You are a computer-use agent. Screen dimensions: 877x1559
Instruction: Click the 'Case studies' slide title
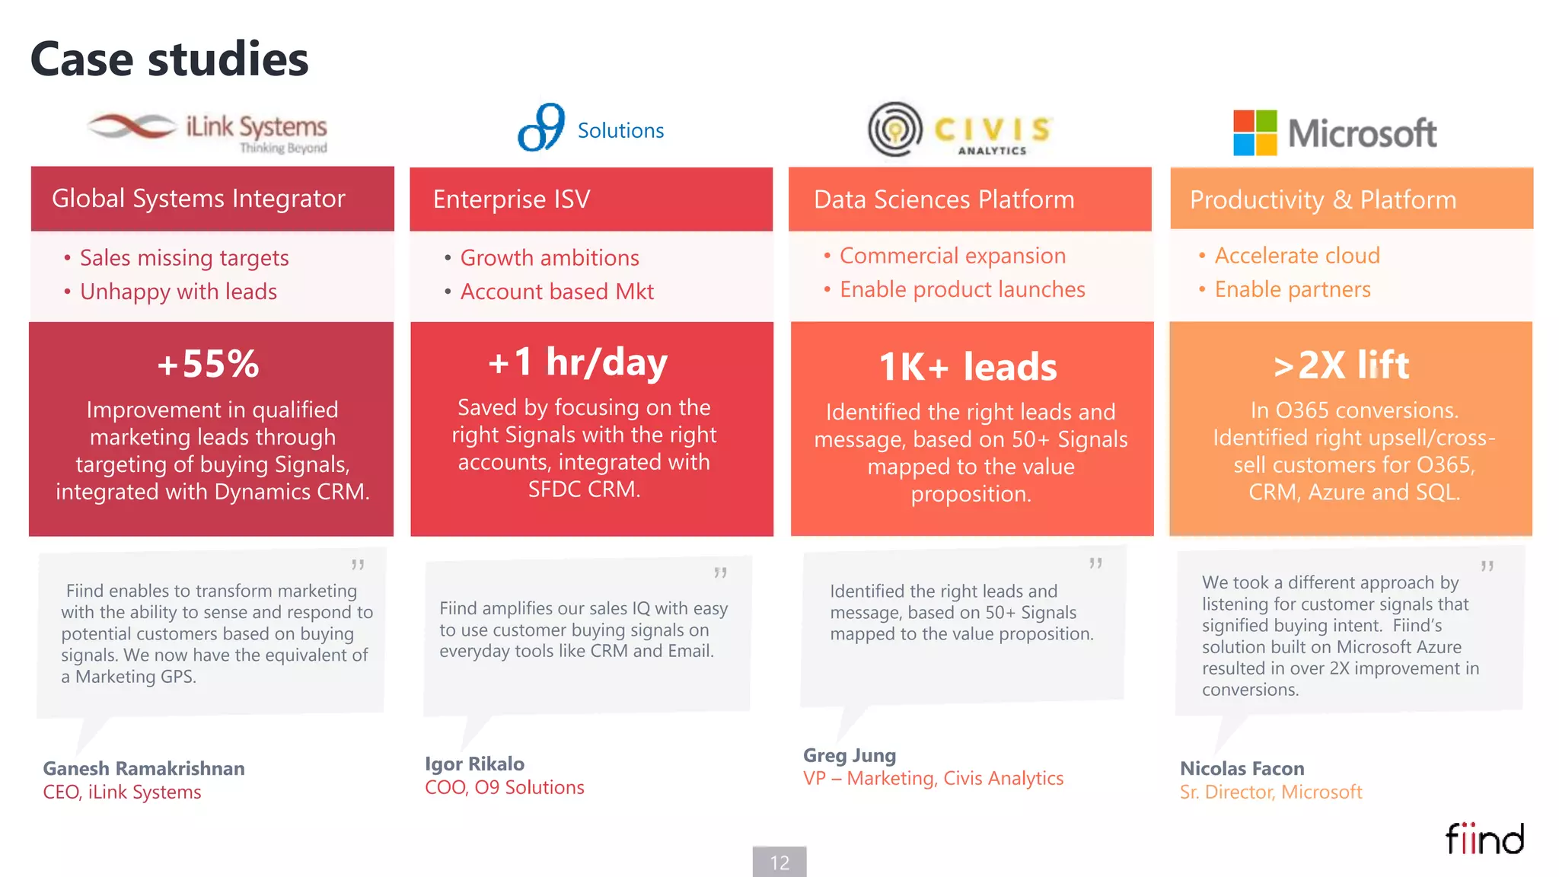point(169,59)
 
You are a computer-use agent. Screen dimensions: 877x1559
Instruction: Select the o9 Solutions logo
point(590,129)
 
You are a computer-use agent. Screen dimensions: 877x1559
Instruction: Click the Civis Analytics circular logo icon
point(895,129)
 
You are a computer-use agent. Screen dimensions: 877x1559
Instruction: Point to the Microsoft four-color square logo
point(1255,132)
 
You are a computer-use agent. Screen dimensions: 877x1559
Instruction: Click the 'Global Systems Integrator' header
point(198,199)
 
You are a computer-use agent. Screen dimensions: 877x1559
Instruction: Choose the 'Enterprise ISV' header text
point(512,199)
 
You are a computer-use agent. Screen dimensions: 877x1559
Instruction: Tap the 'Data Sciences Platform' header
point(944,199)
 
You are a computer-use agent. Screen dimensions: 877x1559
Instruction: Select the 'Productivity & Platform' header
point(1323,199)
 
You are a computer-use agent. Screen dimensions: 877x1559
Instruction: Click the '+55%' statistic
point(209,364)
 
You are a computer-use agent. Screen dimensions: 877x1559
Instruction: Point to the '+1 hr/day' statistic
point(578,362)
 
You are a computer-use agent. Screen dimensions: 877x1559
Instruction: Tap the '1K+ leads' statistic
point(968,367)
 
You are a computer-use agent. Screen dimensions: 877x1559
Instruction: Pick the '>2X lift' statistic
point(1341,365)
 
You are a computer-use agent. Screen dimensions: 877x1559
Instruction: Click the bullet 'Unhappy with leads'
point(178,292)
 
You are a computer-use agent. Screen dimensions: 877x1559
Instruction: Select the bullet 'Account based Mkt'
point(556,292)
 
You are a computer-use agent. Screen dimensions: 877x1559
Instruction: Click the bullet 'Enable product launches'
point(962,289)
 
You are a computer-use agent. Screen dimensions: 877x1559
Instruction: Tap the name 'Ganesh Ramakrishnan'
point(144,768)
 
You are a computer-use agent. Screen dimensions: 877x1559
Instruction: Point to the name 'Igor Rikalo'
point(474,764)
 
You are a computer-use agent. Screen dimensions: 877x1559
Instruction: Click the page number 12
point(779,863)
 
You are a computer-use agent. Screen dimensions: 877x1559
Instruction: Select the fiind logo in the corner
point(1484,839)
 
